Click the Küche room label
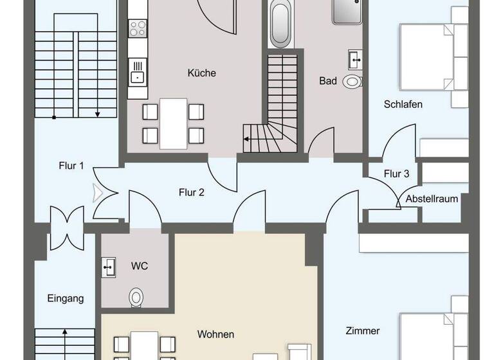pos(201,73)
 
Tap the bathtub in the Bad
pos(280,24)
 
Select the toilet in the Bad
pos(352,81)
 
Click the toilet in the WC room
pos(136,297)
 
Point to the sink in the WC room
pos(109,266)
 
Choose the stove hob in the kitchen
pos(137,28)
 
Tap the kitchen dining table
pos(173,122)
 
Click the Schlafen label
pos(403,104)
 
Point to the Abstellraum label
pos(432,199)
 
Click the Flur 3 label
pos(396,174)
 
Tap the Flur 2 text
pos(192,191)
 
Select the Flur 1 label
pos(71,166)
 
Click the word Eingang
pos(66,298)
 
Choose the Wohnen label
pos(215,334)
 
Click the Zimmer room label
pos(362,331)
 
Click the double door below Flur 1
pos(66,227)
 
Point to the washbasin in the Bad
pos(354,59)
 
